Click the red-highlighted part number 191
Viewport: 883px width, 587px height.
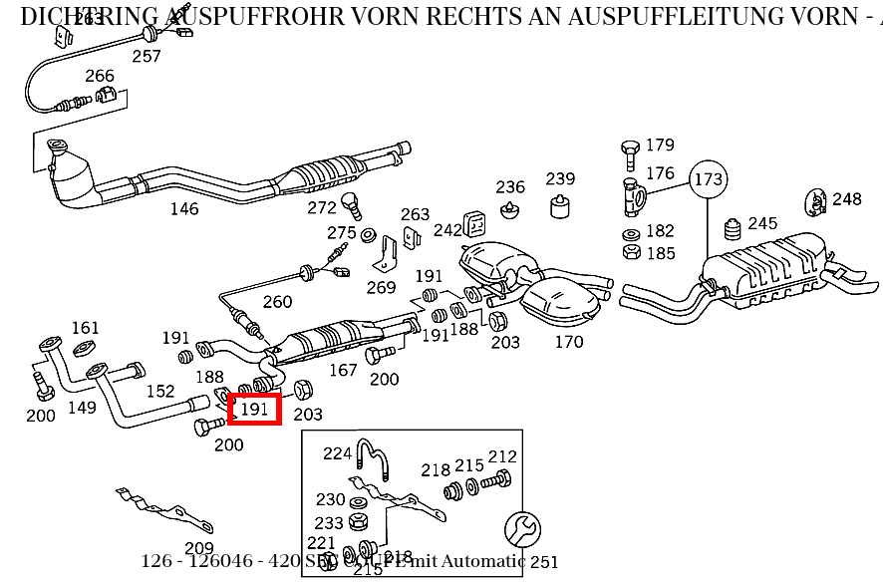tap(255, 408)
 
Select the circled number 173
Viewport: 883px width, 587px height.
tap(708, 179)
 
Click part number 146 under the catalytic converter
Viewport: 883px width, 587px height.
tap(184, 208)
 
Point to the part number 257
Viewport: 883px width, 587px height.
tap(147, 57)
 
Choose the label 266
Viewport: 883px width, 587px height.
tap(100, 76)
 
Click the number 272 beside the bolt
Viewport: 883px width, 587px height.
tap(322, 207)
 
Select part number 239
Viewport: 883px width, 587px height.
tap(560, 178)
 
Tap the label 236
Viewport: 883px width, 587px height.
tap(510, 187)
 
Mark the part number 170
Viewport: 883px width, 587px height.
tap(569, 342)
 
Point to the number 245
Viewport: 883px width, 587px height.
tap(762, 223)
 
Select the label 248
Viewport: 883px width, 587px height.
tap(847, 199)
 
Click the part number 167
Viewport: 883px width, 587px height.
tap(343, 370)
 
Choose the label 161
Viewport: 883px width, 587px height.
tap(86, 328)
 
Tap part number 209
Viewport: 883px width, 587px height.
tap(199, 547)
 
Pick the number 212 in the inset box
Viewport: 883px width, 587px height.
tap(502, 456)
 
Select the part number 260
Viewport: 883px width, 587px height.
tap(278, 302)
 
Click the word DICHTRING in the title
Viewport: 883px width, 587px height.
tap(90, 16)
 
